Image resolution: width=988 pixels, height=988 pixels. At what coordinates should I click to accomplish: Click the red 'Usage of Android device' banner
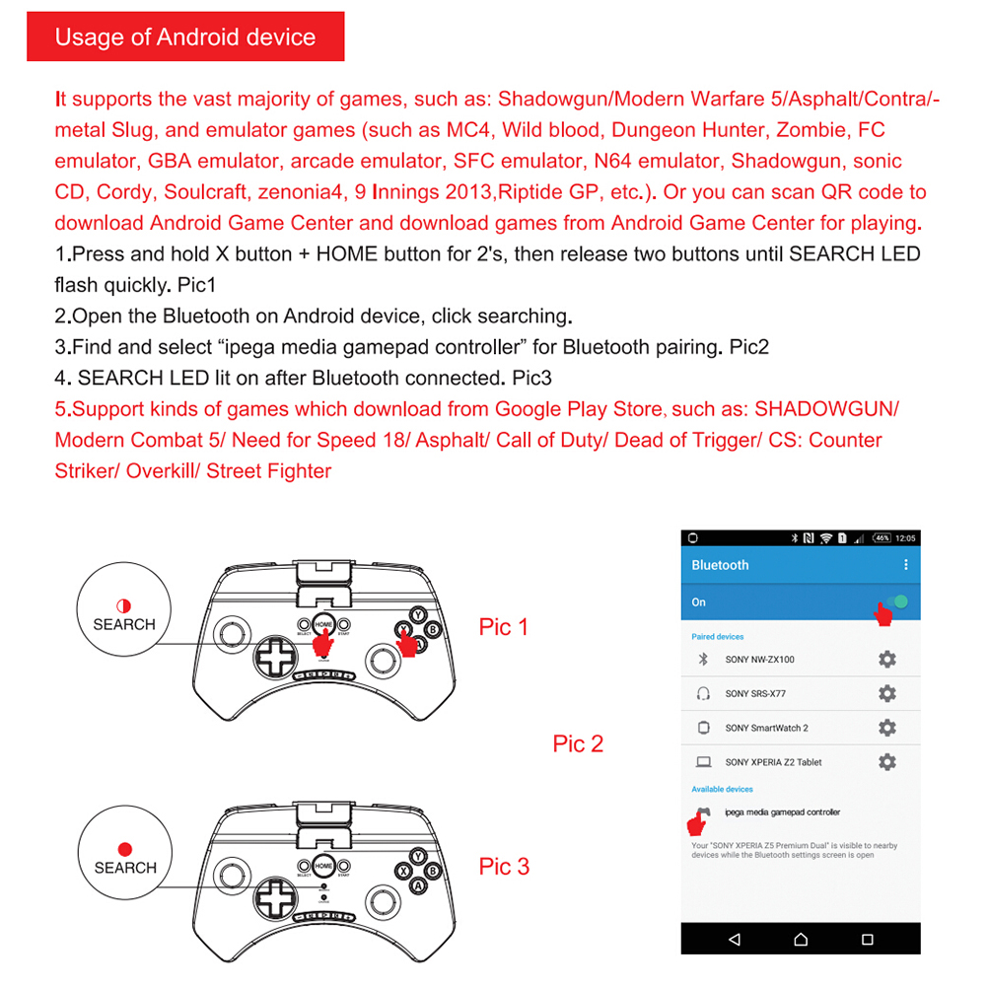[185, 37]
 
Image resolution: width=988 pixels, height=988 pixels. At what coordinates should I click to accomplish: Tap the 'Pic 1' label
[504, 627]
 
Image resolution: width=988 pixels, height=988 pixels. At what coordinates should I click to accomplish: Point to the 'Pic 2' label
[578, 744]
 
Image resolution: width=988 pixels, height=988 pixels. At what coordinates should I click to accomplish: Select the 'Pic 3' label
[504, 867]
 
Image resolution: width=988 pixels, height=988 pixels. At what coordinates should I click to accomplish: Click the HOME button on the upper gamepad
[323, 623]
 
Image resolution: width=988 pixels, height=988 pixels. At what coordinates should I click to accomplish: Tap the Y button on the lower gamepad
[418, 856]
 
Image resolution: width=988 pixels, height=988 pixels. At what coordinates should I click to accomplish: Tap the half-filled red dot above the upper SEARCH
[124, 605]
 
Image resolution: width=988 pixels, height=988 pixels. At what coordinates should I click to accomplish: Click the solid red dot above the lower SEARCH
[124, 848]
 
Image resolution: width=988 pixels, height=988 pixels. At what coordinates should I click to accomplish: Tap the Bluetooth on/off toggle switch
[895, 602]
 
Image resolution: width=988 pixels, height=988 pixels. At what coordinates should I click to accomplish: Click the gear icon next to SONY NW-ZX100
[886, 660]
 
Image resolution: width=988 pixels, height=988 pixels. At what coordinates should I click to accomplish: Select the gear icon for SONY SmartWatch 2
[886, 728]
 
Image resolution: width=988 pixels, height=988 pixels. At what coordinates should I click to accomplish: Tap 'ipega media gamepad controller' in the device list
[782, 812]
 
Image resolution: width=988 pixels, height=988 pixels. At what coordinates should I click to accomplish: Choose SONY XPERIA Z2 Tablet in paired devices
[773, 762]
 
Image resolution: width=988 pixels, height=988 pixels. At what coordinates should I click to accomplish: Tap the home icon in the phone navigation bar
[800, 939]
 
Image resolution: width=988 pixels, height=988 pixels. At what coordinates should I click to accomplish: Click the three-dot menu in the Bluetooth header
[906, 565]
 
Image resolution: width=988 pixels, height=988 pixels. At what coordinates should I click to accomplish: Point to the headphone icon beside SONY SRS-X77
[703, 694]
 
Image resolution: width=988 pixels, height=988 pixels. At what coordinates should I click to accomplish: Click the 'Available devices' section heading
[722, 789]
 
